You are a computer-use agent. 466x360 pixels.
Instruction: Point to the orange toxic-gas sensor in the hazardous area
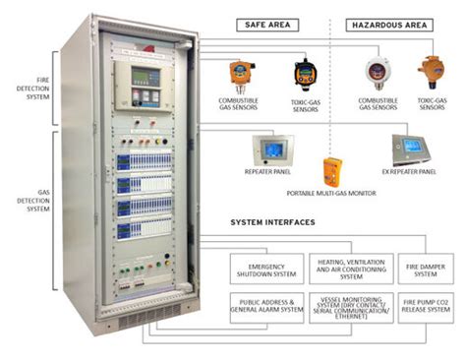(429, 72)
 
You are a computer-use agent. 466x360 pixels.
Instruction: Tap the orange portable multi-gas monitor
(332, 172)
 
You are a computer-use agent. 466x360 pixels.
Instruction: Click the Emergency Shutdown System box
(267, 267)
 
